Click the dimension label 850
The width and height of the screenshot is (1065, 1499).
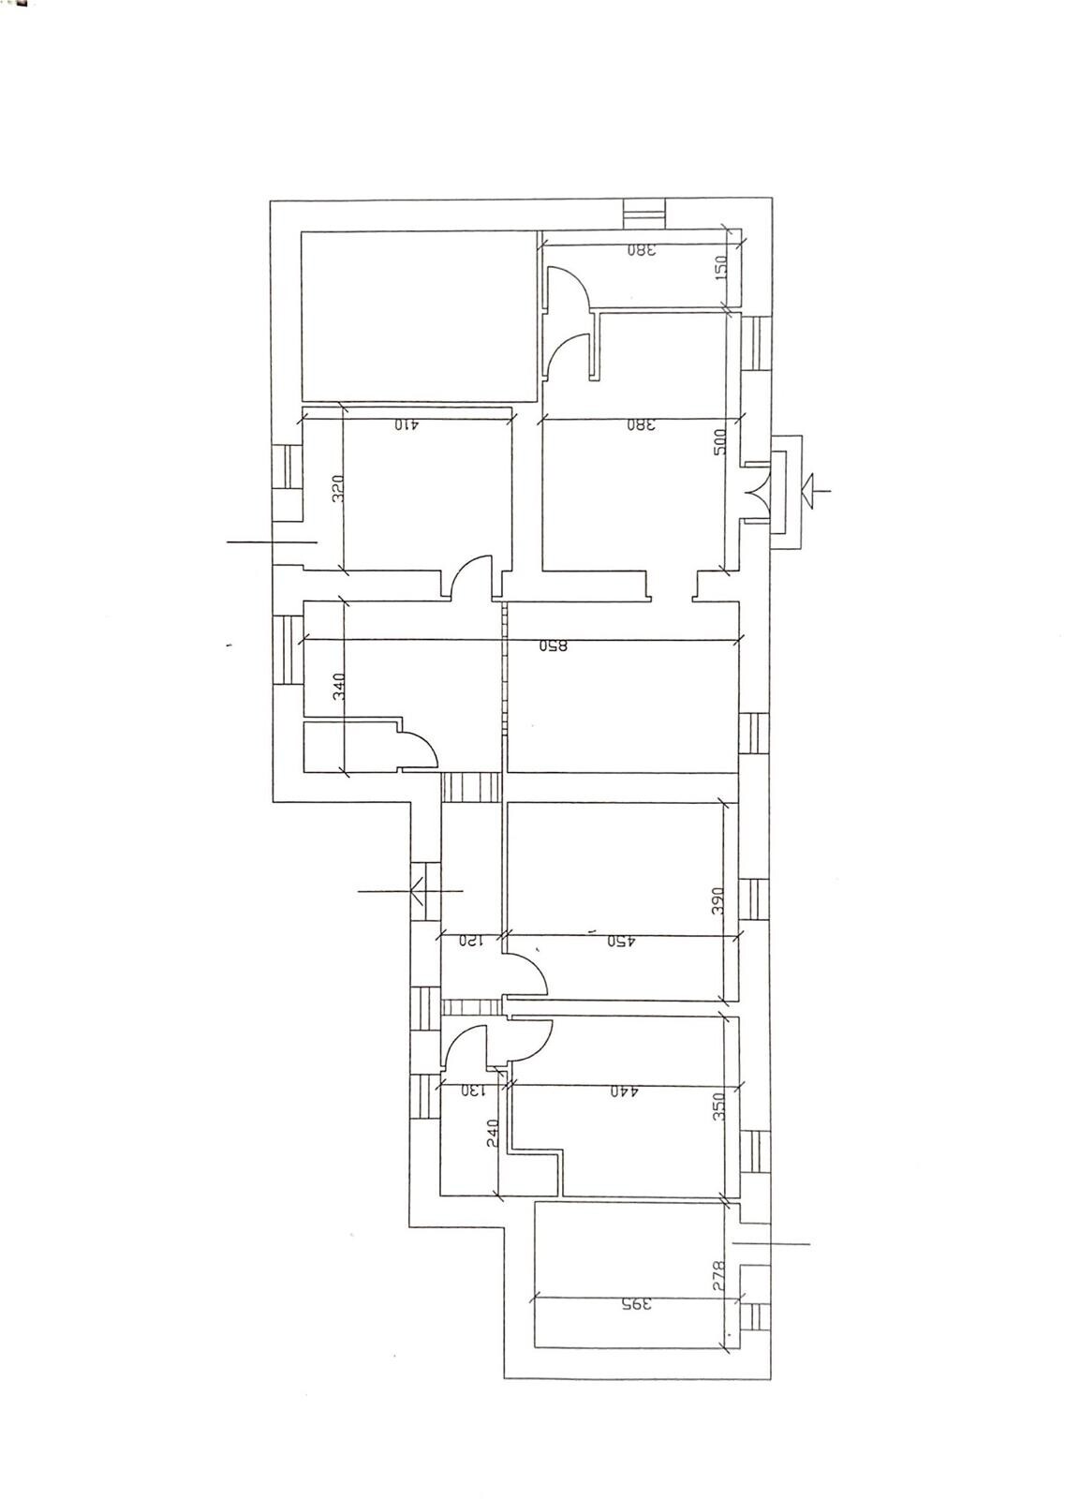(554, 647)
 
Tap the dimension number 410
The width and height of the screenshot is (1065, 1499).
(406, 424)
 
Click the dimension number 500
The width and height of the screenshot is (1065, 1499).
(720, 441)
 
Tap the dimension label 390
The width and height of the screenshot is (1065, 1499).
(718, 900)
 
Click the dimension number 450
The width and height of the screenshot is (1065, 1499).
(620, 942)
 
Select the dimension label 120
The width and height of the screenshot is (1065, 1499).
(470, 941)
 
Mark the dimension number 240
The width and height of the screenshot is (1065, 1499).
(494, 1133)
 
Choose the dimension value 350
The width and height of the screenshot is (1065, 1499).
(718, 1107)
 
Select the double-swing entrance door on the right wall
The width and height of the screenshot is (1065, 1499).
(759, 494)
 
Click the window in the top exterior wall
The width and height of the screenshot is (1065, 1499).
(643, 215)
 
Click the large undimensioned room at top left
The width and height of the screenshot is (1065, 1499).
(421, 316)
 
